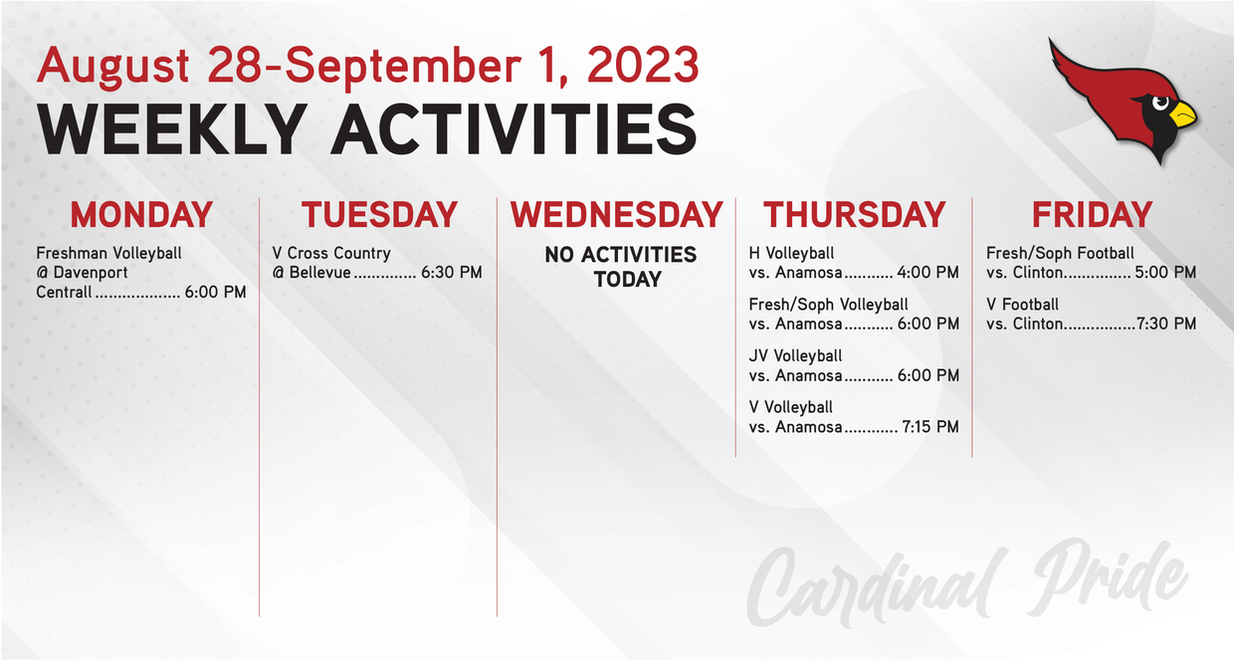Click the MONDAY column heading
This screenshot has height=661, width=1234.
tap(141, 214)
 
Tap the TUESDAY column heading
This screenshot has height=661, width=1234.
tap(379, 214)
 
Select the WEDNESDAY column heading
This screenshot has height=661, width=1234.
tap(616, 214)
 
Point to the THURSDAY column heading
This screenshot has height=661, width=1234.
tap(855, 214)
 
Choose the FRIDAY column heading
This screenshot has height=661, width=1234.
tap(1093, 214)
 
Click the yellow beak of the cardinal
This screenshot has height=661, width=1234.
tap(1183, 114)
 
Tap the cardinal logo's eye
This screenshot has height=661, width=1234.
tap(1159, 103)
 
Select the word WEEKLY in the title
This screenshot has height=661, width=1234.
tap(172, 130)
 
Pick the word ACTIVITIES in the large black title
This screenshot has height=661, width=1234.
tap(514, 130)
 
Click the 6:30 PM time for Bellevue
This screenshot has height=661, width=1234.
tap(452, 273)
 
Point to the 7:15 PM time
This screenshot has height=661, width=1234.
tap(930, 427)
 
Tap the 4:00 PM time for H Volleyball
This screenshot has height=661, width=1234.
tap(928, 273)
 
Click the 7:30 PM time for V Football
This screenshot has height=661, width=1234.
tap(1166, 324)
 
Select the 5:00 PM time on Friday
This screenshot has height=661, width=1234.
tap(1165, 273)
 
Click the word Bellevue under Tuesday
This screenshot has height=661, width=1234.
tap(320, 273)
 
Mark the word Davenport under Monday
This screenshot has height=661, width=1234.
tap(91, 273)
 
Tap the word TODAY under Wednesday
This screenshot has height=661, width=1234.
tap(628, 280)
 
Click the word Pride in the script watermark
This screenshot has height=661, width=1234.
tap(1108, 578)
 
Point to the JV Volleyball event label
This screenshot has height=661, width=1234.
tap(795, 356)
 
